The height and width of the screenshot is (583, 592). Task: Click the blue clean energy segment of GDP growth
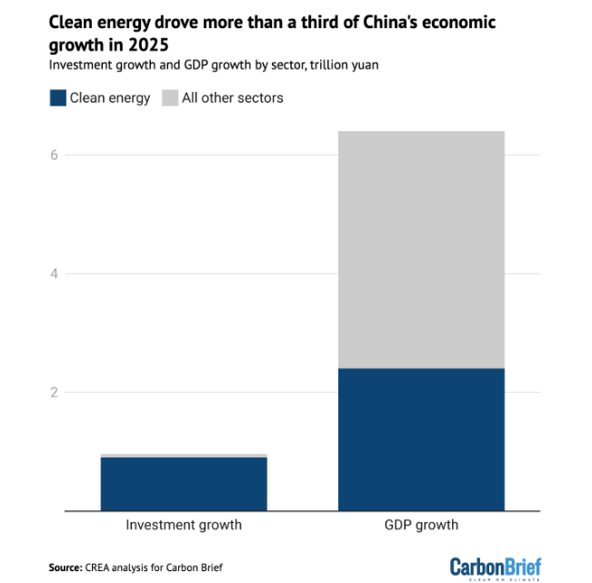point(421,439)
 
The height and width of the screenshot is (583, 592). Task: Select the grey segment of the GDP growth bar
point(421,249)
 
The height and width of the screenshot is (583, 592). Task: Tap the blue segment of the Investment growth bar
point(184,483)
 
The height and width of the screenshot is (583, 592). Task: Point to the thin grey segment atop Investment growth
point(184,455)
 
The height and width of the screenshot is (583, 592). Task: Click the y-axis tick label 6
point(55,155)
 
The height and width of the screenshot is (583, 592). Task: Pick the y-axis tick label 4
point(55,274)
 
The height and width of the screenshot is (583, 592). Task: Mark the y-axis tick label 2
point(55,393)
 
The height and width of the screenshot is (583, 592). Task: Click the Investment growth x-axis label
point(184,525)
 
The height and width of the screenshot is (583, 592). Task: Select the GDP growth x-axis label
point(421,525)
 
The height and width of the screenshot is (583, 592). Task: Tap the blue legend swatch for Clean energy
point(57,98)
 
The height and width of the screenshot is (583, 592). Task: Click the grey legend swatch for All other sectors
point(169,98)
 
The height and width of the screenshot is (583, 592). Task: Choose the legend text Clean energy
point(110,98)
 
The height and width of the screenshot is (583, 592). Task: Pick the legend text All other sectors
point(233,98)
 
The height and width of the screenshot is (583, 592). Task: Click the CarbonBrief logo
point(495,567)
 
